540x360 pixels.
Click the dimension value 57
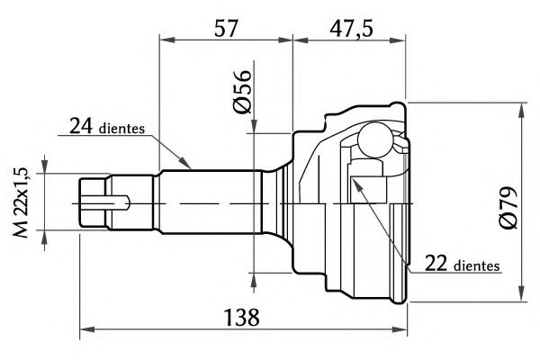[226, 28]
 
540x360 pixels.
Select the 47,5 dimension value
[351, 29]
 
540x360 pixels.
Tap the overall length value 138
[242, 318]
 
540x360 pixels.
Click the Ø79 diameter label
[509, 207]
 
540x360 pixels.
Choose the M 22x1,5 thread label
[21, 202]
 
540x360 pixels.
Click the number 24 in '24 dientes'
[81, 126]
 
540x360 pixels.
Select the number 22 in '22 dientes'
[436, 264]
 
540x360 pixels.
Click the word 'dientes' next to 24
[121, 129]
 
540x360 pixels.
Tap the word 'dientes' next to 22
[477, 265]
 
